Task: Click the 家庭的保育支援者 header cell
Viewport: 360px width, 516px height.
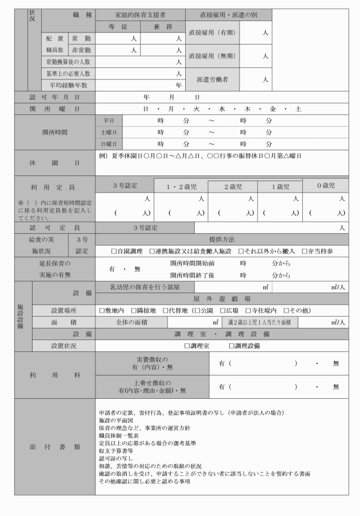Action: point(140,15)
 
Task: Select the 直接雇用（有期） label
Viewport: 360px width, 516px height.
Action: point(213,33)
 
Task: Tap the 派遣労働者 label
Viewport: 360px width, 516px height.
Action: point(213,80)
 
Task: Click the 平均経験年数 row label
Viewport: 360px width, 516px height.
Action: point(69,85)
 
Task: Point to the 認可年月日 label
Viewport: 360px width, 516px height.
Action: point(55,97)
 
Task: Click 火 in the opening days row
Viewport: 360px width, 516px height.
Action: point(197,109)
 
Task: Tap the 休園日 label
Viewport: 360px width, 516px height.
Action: point(55,163)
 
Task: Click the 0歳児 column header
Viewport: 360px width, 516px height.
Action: point(324,186)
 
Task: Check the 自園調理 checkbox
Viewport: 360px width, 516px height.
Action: point(115,251)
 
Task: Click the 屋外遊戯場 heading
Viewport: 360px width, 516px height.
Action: point(222,299)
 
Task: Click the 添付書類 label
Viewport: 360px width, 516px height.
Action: point(55,446)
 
